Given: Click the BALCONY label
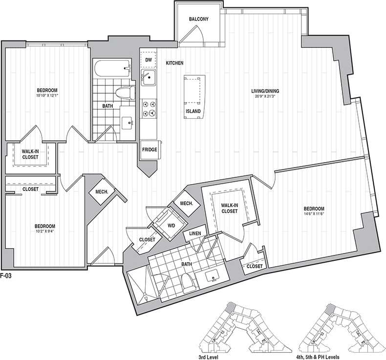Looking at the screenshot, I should pyautogui.click(x=199, y=19).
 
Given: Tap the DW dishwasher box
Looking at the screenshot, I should pyautogui.click(x=149, y=60).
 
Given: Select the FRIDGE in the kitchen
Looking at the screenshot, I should pyautogui.click(x=149, y=149).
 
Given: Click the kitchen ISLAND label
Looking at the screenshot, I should pyautogui.click(x=193, y=111).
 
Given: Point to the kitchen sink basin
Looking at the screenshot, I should pyautogui.click(x=149, y=77).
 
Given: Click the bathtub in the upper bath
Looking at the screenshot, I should pyautogui.click(x=112, y=69).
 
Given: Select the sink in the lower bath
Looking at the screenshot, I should pyautogui.click(x=214, y=277).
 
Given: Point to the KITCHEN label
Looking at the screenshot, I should pyautogui.click(x=174, y=64).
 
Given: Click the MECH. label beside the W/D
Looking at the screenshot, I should pyautogui.click(x=185, y=203).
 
